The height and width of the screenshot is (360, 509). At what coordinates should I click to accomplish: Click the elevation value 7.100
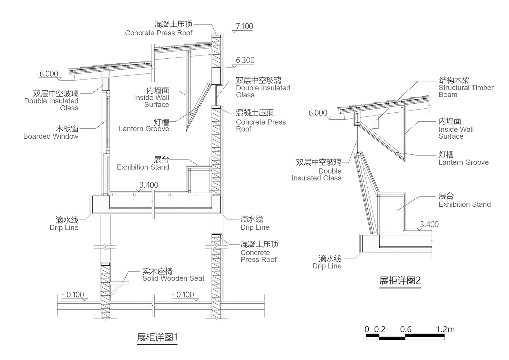click(x=244, y=26)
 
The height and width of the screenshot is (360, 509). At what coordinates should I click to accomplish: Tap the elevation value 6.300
click(x=245, y=60)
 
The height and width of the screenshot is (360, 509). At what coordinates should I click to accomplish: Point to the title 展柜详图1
click(x=157, y=337)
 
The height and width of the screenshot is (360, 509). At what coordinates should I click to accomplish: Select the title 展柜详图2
click(x=400, y=280)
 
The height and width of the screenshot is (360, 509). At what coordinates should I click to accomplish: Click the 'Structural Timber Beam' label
click(x=466, y=87)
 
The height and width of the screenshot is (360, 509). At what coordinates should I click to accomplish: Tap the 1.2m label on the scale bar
click(x=445, y=329)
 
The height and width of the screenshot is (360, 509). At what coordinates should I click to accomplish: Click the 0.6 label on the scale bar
click(x=406, y=329)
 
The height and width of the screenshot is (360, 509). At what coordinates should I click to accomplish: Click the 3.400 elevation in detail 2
click(x=429, y=224)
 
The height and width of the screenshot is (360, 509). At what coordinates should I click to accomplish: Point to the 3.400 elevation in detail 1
click(x=149, y=185)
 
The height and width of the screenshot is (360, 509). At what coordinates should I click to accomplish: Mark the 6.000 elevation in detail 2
click(x=318, y=113)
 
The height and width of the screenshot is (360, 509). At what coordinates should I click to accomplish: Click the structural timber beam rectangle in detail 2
click(x=375, y=122)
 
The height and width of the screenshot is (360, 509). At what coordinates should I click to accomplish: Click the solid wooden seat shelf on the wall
click(x=119, y=283)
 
